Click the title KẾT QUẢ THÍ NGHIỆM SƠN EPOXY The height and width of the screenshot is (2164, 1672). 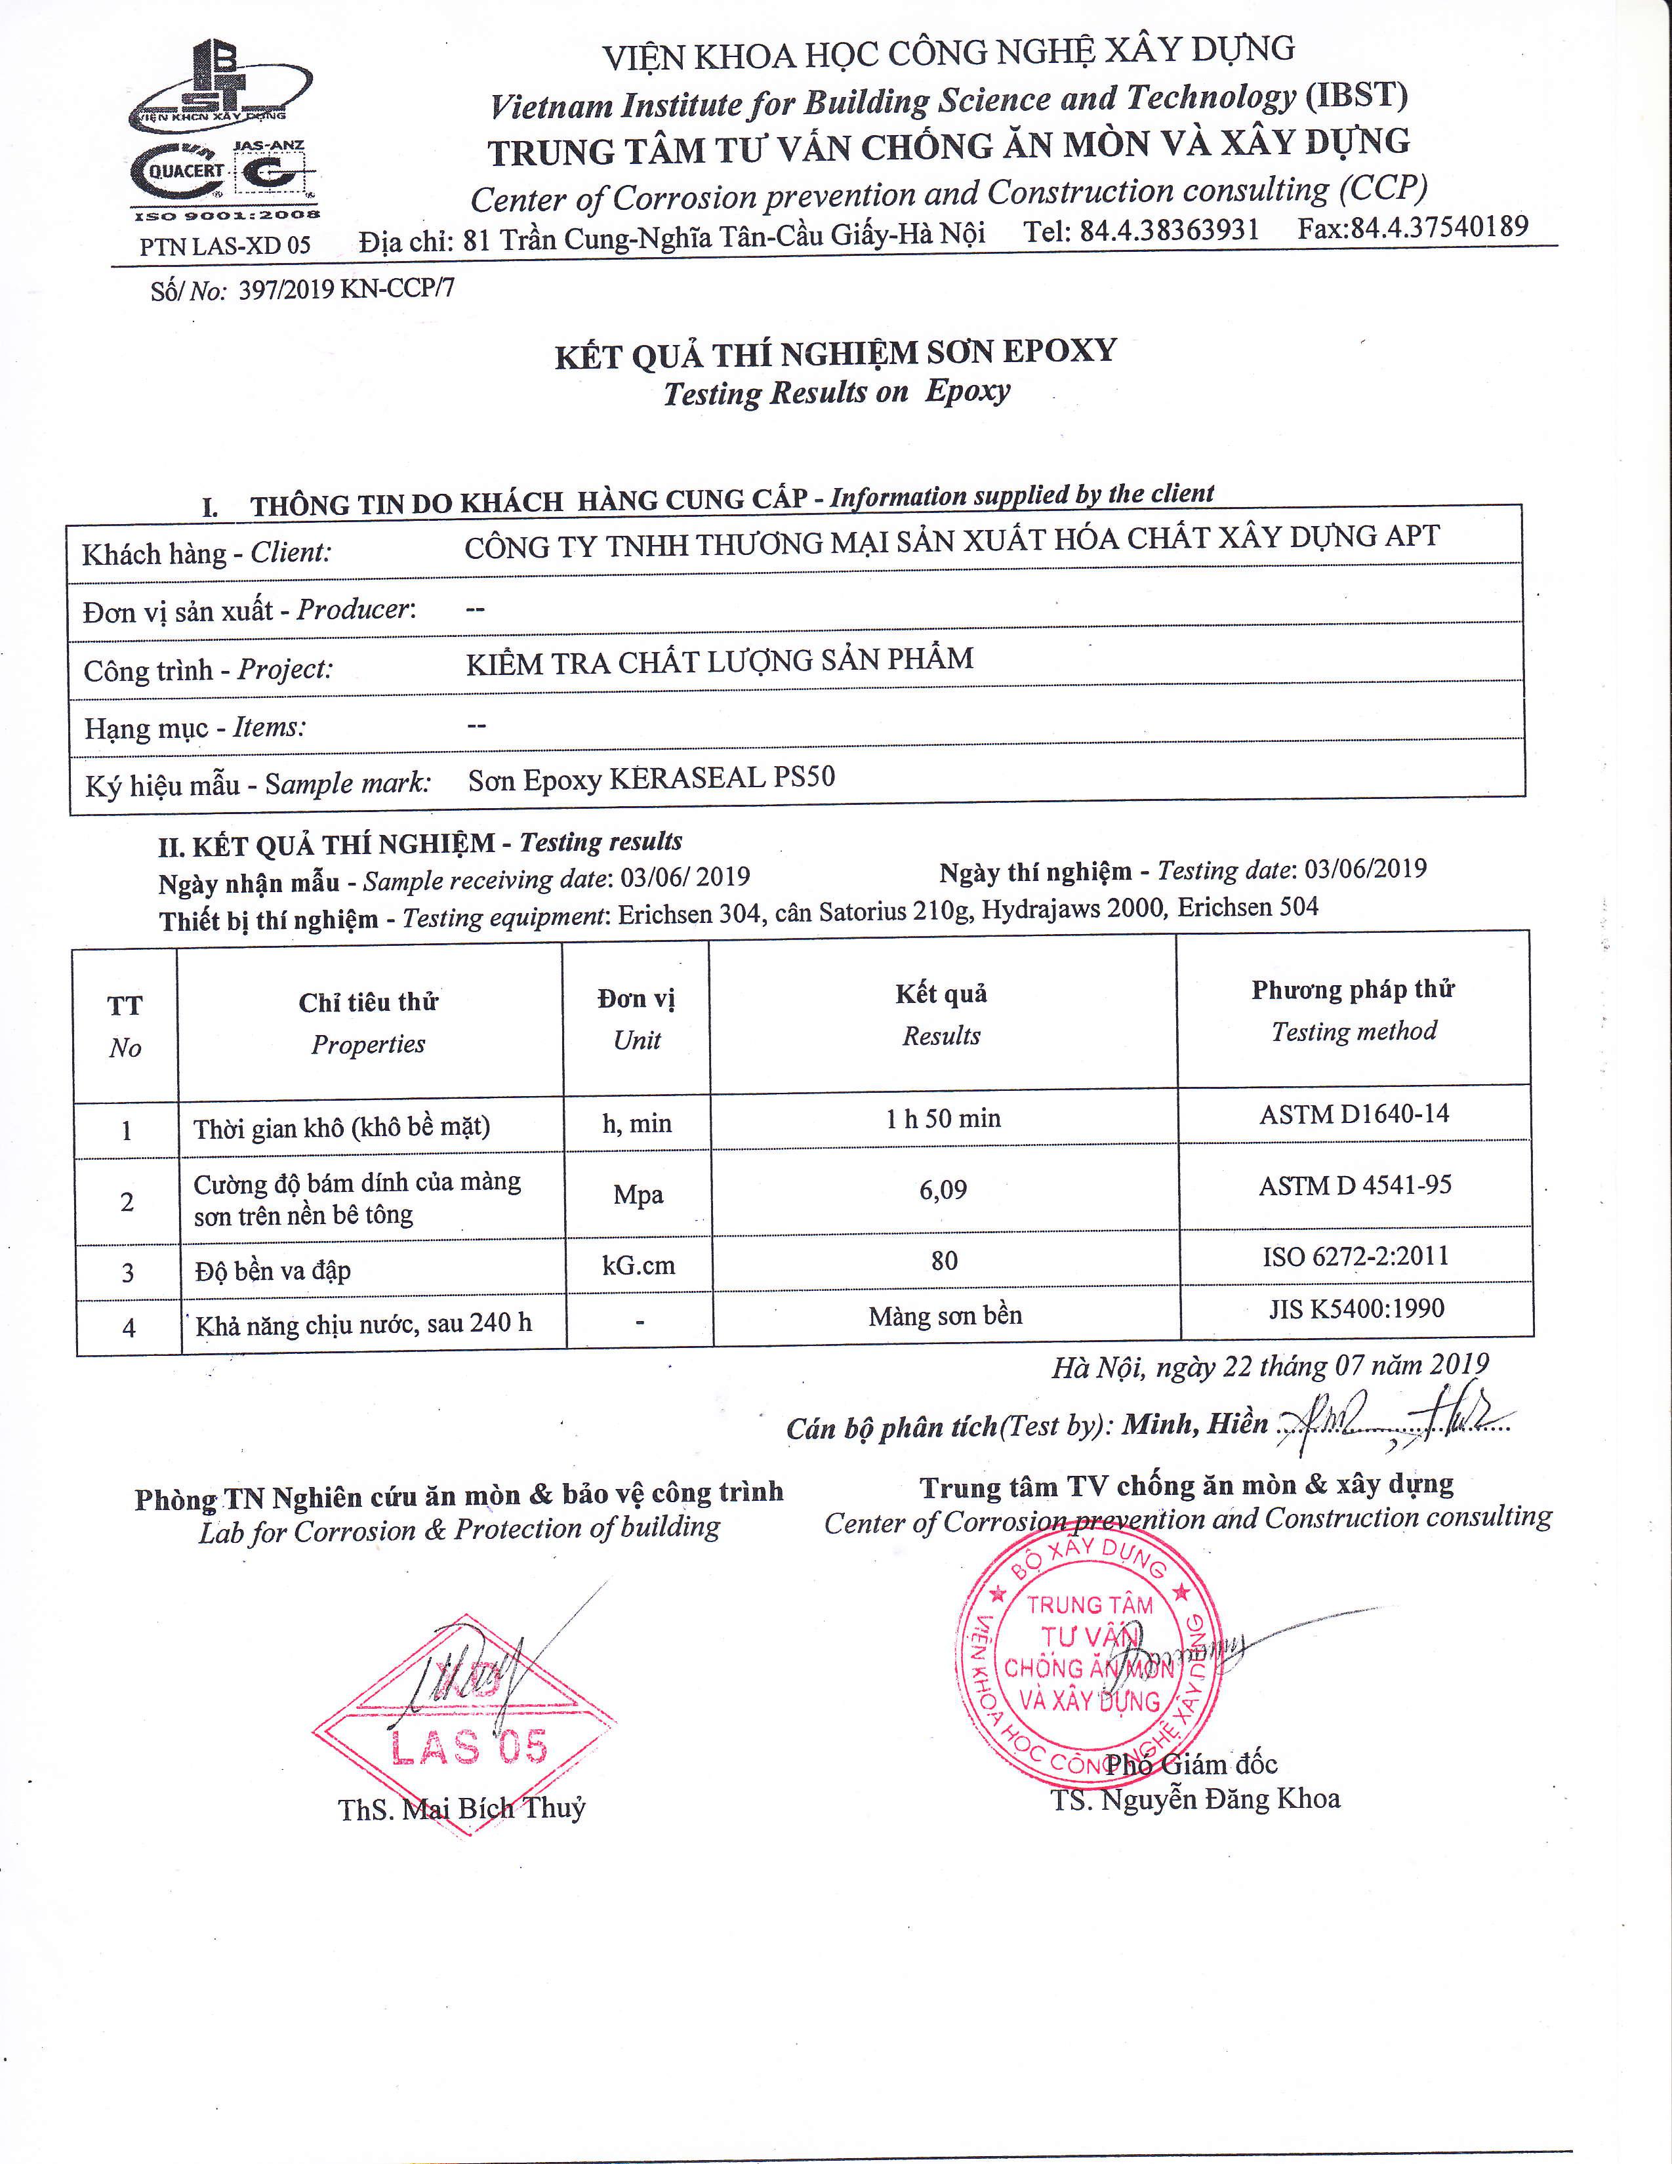[x=836, y=353]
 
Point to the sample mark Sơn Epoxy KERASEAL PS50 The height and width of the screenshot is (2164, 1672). [x=651, y=778]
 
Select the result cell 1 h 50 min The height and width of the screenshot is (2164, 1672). [x=943, y=1118]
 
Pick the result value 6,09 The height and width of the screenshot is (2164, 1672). [x=943, y=1189]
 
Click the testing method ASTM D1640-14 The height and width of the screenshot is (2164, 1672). [x=1354, y=1114]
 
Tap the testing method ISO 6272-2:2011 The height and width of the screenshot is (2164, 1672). [x=1355, y=1256]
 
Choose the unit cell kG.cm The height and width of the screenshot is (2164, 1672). [x=638, y=1265]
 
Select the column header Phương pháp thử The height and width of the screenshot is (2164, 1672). [x=1353, y=990]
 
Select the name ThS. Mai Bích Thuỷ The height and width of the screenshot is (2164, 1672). [x=461, y=1808]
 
